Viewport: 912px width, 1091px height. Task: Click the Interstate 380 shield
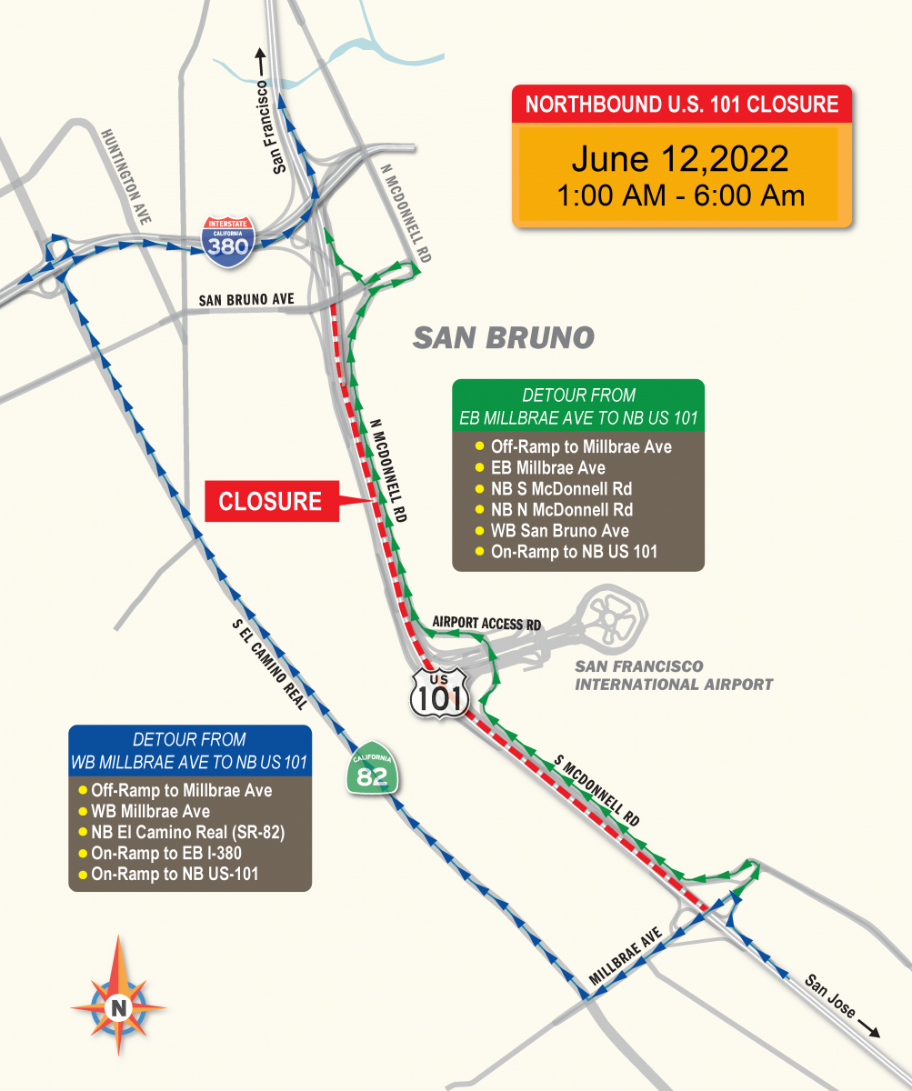pyautogui.click(x=227, y=241)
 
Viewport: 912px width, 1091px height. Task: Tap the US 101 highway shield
pyautogui.click(x=438, y=692)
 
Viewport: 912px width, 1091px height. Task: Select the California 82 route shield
pyautogui.click(x=370, y=772)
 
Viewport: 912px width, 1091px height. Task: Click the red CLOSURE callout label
pyautogui.click(x=270, y=501)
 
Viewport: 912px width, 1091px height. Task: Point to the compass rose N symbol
pyautogui.click(x=118, y=1006)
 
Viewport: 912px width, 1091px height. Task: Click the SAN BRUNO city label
pyautogui.click(x=504, y=338)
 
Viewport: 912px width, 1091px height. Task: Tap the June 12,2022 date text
pyautogui.click(x=680, y=159)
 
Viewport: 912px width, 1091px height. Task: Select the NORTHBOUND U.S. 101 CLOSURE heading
pyautogui.click(x=682, y=104)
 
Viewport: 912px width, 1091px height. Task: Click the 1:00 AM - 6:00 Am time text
pyautogui.click(x=680, y=195)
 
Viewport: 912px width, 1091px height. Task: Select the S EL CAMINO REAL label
pyautogui.click(x=270, y=665)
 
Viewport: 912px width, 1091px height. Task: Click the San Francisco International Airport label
pyautogui.click(x=673, y=676)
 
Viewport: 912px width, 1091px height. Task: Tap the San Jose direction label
pyautogui.click(x=831, y=996)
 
